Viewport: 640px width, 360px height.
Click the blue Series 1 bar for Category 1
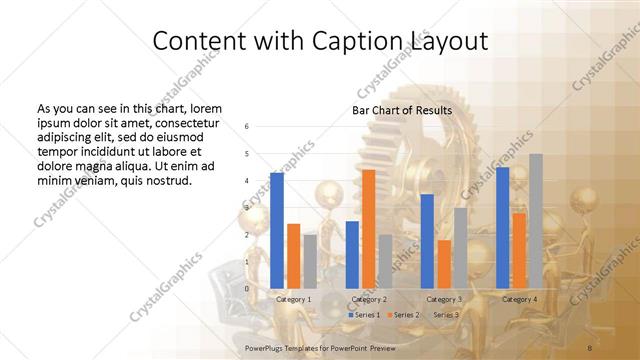(x=277, y=230)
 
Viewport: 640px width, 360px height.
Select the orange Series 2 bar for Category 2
(x=368, y=228)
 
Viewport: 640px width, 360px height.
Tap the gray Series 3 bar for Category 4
(x=536, y=221)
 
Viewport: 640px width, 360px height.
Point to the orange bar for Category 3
(x=443, y=263)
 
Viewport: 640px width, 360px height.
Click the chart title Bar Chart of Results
(x=402, y=110)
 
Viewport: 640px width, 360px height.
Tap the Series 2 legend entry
(x=404, y=315)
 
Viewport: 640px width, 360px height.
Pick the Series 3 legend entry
(x=443, y=315)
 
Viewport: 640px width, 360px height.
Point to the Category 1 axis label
(x=293, y=299)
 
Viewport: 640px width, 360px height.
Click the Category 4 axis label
(x=519, y=299)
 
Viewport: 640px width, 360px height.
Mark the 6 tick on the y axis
(x=247, y=127)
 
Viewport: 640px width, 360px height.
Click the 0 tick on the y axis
(x=247, y=288)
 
